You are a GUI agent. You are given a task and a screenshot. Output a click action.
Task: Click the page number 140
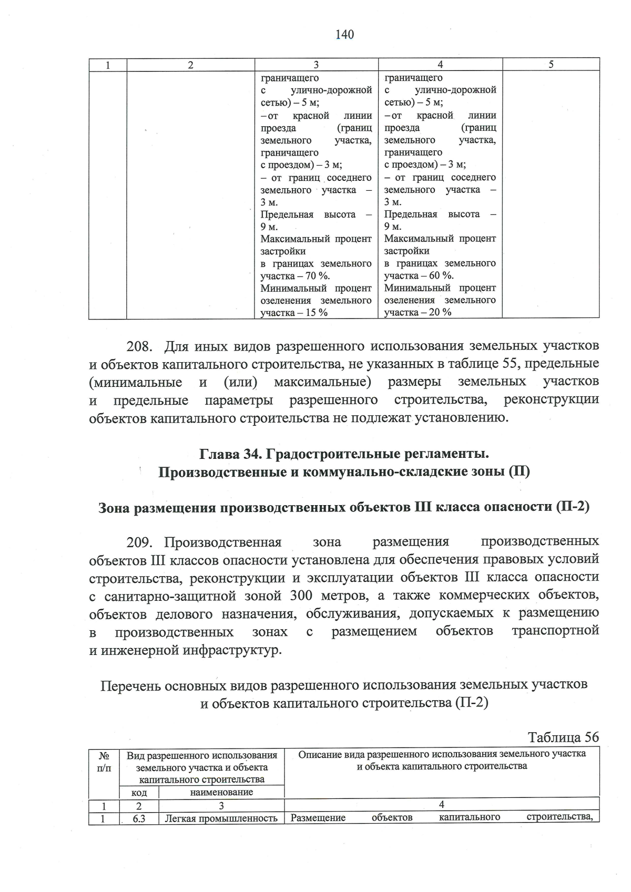click(344, 35)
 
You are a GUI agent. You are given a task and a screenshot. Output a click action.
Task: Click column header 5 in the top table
click(551, 65)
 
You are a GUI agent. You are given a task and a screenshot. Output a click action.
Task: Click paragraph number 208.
click(139, 346)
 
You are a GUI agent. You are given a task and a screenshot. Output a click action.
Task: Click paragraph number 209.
click(139, 542)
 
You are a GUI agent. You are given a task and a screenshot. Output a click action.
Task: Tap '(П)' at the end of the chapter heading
click(518, 471)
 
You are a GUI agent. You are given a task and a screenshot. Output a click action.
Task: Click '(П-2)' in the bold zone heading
click(572, 507)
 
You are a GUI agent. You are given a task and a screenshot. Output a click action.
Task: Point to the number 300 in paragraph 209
click(301, 596)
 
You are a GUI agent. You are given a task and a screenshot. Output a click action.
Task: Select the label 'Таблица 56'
click(563, 737)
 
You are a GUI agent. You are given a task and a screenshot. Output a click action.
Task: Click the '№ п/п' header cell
click(104, 762)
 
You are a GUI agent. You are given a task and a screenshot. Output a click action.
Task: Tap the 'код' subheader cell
click(139, 792)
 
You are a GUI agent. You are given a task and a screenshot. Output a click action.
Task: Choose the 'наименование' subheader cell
click(221, 792)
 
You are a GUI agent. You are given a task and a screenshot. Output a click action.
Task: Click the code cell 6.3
click(139, 818)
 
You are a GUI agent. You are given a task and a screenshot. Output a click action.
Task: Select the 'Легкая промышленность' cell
click(221, 818)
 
